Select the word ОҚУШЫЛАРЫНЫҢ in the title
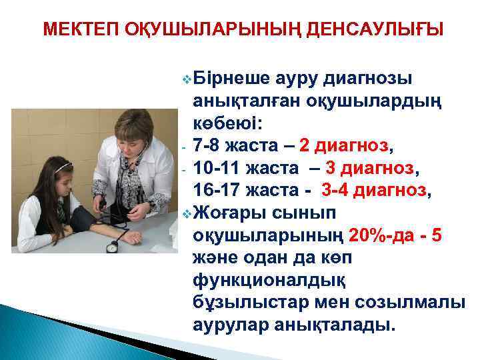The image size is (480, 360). pos(204,30)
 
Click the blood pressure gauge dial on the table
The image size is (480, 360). pos(112,247)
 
